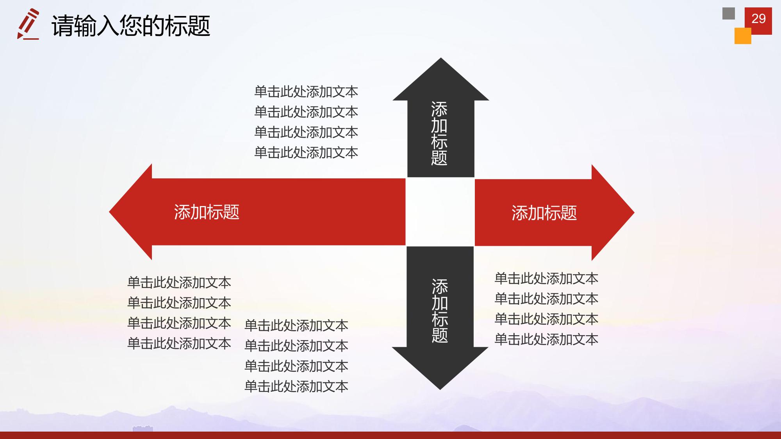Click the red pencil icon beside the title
(x=28, y=24)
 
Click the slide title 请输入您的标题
(x=131, y=26)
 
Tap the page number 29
(x=758, y=18)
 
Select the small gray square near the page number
(x=728, y=13)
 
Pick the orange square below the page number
(x=743, y=36)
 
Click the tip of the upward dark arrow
(x=441, y=58)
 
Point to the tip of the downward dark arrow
(x=440, y=389)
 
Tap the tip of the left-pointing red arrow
(x=109, y=212)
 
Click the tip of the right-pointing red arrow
(x=634, y=213)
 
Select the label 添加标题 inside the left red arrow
(x=207, y=212)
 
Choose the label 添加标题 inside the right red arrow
(x=544, y=213)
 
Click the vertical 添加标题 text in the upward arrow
(x=439, y=133)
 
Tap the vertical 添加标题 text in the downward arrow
(x=440, y=311)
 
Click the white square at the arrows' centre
(x=440, y=212)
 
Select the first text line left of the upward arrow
(x=306, y=92)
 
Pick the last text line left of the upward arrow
(x=306, y=153)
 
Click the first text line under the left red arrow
(x=179, y=283)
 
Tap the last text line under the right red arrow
(x=546, y=339)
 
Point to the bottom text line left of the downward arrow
(x=296, y=386)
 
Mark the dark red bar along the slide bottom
(x=390, y=435)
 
